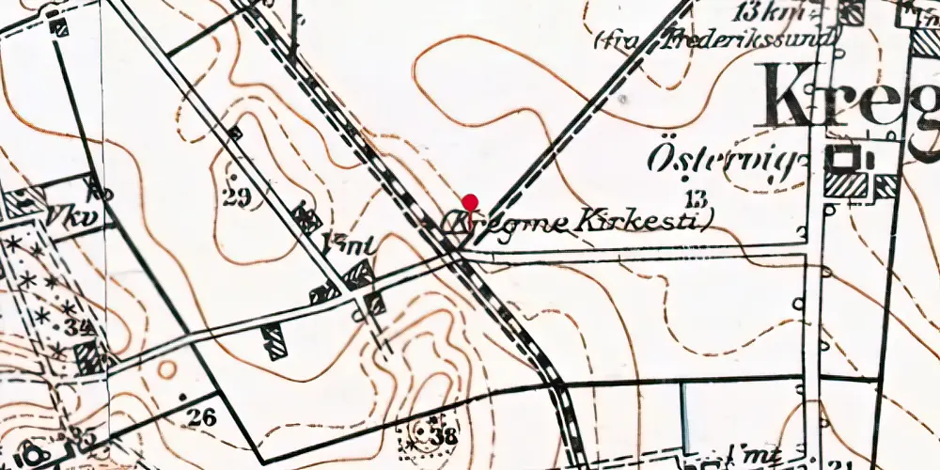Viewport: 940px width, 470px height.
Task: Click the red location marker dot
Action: coord(470,201)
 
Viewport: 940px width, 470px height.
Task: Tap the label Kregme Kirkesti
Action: coord(575,222)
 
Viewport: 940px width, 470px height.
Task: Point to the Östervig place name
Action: coord(727,161)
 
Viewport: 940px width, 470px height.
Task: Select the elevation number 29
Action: coord(237,196)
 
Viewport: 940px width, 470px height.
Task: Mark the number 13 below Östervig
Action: coord(697,197)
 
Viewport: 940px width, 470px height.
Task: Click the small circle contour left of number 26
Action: coord(166,368)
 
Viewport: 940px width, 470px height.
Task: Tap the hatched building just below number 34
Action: coord(89,357)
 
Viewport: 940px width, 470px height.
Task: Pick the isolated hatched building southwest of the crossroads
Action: coord(274,341)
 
